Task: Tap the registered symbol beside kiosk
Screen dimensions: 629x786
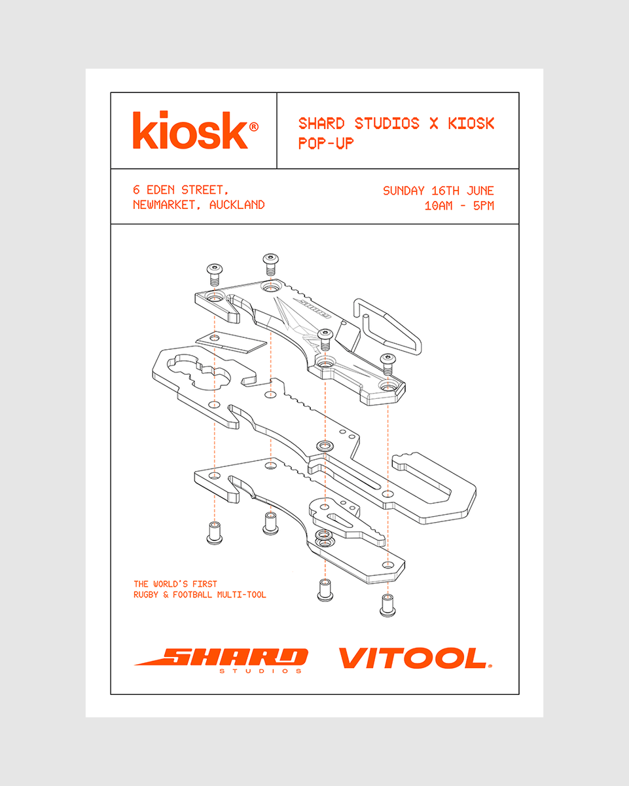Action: click(x=254, y=126)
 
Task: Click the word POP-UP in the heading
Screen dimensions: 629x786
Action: click(x=326, y=143)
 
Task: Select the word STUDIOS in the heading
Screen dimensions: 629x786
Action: click(x=387, y=123)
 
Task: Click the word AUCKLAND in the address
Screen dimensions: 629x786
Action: click(x=237, y=204)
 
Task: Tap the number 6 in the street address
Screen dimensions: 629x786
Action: click(x=136, y=189)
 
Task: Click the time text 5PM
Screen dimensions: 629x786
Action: click(x=483, y=206)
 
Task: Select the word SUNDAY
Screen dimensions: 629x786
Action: click(x=404, y=191)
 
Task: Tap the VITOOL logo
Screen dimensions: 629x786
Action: click(x=416, y=658)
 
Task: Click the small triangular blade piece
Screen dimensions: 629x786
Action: click(x=232, y=342)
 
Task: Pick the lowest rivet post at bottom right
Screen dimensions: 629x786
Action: click(x=387, y=605)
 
